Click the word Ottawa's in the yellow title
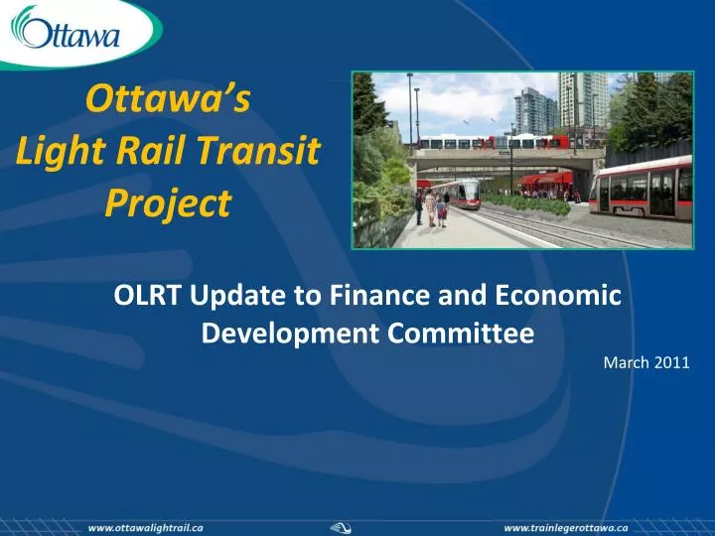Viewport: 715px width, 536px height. click(x=170, y=99)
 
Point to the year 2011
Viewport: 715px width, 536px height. click(x=672, y=362)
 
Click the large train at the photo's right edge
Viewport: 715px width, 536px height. click(x=643, y=188)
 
